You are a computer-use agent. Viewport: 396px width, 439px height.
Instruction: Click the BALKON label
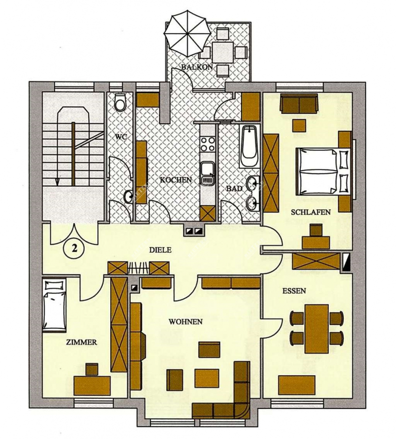[198, 68]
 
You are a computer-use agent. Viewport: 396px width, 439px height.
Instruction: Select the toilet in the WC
[120, 103]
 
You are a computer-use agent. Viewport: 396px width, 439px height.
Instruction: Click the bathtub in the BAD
[249, 145]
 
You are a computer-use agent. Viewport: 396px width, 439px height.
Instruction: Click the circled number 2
[74, 247]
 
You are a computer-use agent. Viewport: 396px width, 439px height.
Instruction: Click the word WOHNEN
[185, 322]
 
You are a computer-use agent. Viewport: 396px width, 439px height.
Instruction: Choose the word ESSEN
[294, 290]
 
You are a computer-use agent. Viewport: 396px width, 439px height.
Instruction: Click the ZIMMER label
[81, 342]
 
